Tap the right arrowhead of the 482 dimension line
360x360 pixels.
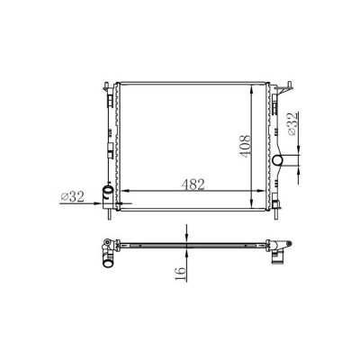pyautogui.click(x=254, y=191)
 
